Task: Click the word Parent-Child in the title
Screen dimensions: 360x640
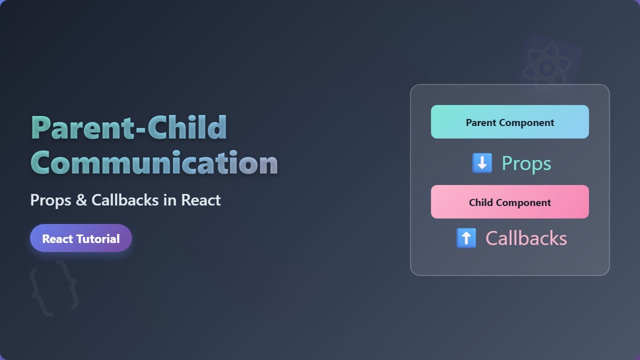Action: [x=129, y=128]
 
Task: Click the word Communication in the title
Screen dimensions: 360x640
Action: [x=154, y=162]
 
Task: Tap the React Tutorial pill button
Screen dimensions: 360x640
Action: [x=81, y=238]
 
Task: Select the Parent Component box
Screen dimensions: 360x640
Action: [x=509, y=122]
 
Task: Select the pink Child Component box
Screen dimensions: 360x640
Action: [x=509, y=202]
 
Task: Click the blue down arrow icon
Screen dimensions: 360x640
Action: [x=482, y=163]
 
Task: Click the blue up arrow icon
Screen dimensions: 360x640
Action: [x=466, y=238]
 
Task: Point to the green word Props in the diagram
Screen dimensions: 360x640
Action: [x=526, y=163]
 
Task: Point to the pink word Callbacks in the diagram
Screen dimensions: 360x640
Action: [x=526, y=238]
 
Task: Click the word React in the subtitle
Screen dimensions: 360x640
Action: [x=200, y=200]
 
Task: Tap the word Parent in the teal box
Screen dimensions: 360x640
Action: [x=480, y=122]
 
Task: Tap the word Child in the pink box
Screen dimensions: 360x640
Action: [x=481, y=202]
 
